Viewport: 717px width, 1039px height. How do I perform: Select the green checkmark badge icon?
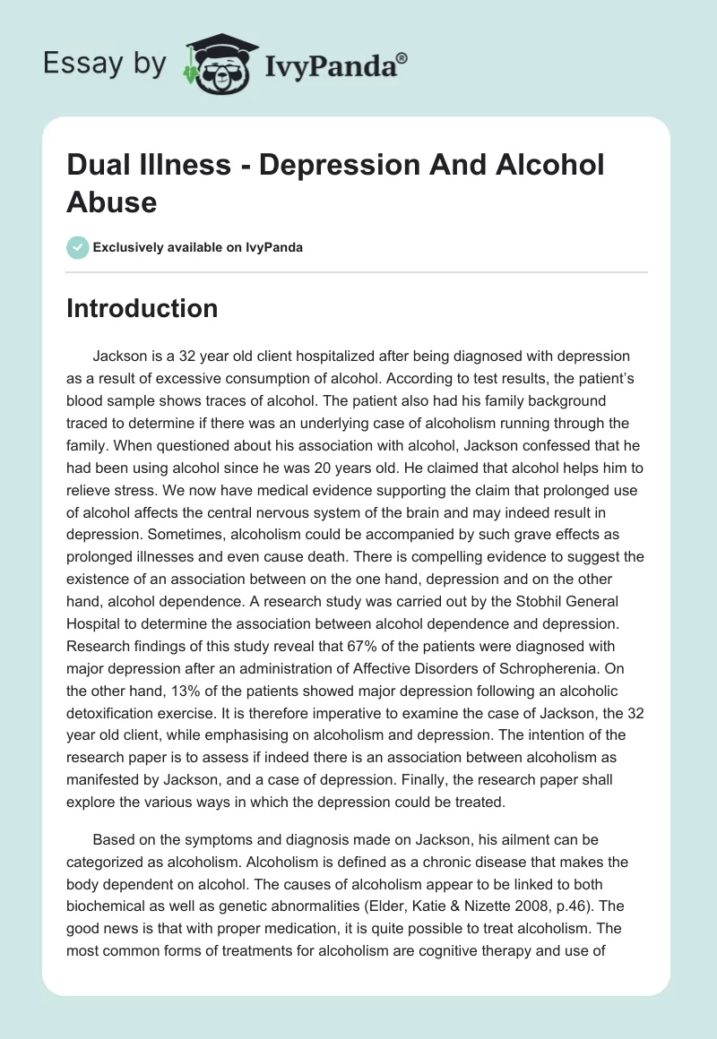pyautogui.click(x=77, y=247)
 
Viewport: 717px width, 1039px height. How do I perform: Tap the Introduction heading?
pyautogui.click(x=142, y=308)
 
